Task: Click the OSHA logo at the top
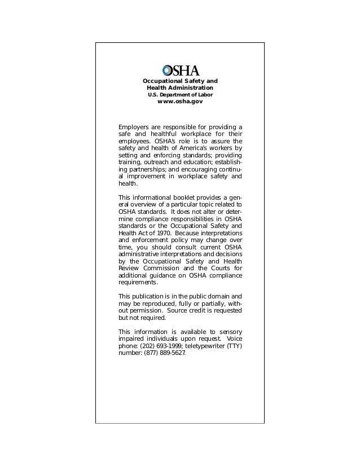point(181,71)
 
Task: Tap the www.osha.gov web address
point(180,102)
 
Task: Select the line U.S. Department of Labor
point(180,95)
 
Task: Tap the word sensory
point(230,331)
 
